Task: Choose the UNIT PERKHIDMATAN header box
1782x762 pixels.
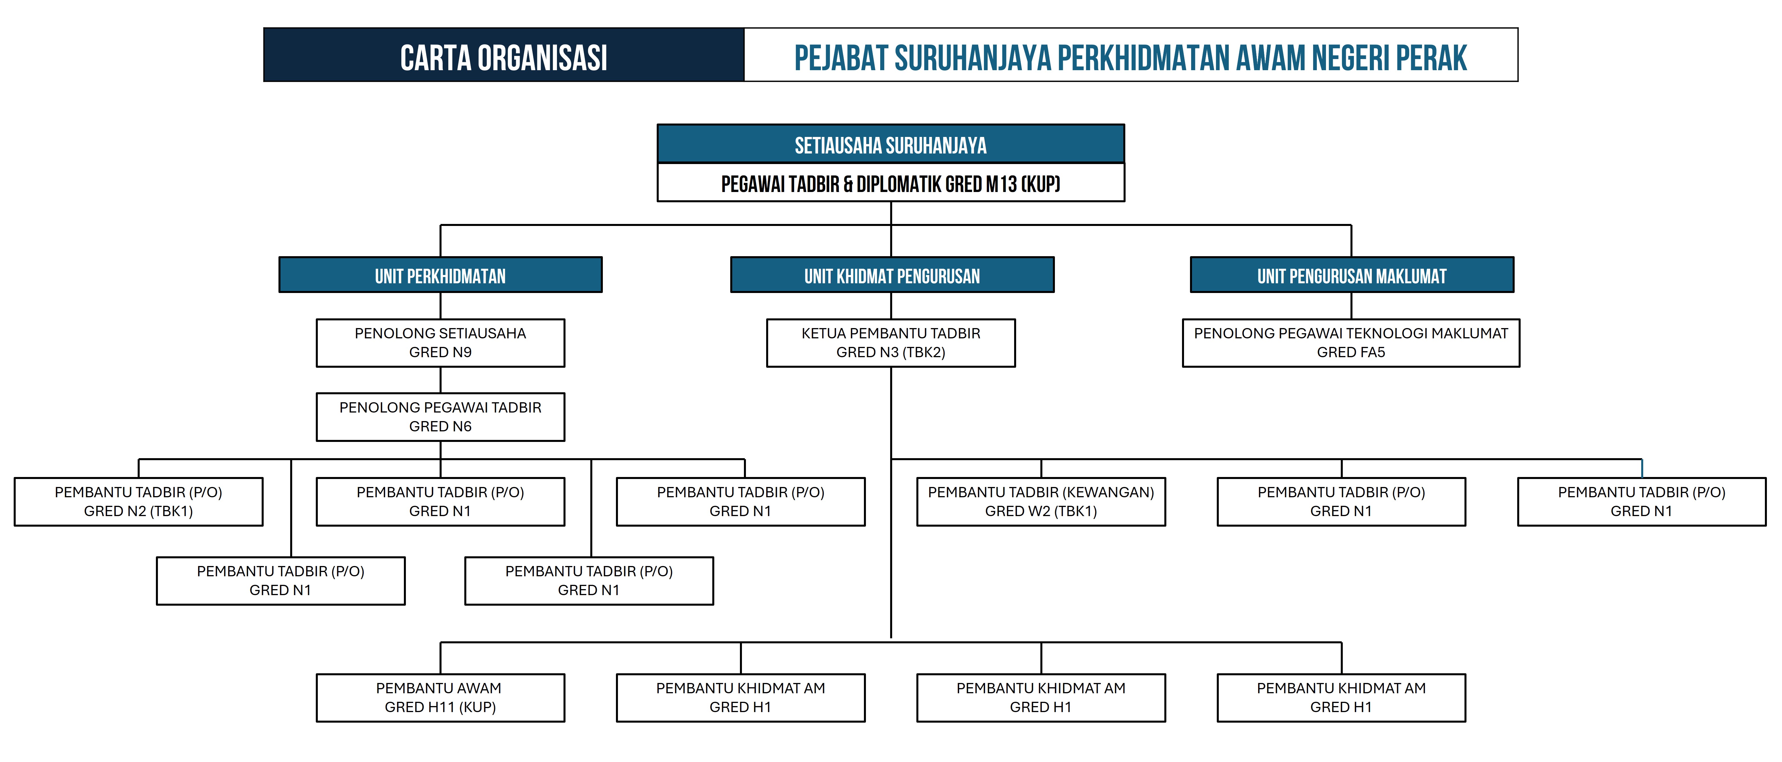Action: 440,276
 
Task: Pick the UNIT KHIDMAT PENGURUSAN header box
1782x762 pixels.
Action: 892,276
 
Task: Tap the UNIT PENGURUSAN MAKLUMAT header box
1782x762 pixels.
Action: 1351,276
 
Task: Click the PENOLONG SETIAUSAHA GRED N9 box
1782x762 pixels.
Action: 440,343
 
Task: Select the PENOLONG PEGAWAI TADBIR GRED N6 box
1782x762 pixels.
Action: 440,417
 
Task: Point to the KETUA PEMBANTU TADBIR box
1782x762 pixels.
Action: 890,343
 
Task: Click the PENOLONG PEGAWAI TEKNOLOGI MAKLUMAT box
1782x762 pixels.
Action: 1350,343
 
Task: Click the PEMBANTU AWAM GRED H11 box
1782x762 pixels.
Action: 440,698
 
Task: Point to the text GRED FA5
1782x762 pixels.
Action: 1350,352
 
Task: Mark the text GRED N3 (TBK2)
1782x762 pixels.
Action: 890,352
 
